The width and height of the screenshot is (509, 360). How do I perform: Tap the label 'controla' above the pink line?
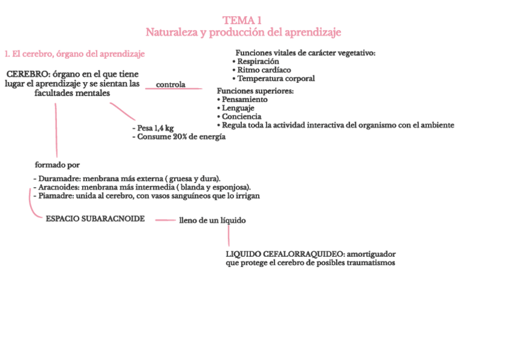point(170,85)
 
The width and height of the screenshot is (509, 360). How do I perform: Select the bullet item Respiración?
point(258,61)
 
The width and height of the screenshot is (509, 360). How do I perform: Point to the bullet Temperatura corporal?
point(276,78)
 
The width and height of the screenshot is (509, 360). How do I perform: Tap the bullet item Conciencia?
point(241,116)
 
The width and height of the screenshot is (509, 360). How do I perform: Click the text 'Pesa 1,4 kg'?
point(154,128)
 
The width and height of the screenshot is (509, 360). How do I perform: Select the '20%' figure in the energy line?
point(181,137)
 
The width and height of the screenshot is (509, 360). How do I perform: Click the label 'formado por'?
point(57,164)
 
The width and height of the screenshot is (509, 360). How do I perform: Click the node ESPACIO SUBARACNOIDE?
point(95,218)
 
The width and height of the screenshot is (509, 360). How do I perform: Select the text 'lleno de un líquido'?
point(212,220)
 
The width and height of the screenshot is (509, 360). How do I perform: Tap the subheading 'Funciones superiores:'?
point(255,91)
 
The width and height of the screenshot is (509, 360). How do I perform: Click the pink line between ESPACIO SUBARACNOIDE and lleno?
point(165,220)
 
